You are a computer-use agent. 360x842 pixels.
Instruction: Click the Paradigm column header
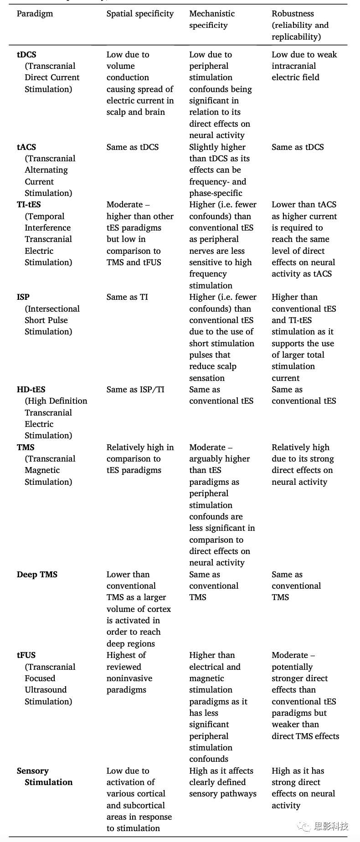coord(35,14)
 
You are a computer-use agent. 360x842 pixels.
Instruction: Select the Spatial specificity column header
coord(140,14)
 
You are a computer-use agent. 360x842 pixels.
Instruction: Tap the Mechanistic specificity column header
coord(212,19)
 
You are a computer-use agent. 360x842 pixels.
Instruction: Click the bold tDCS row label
coord(26,55)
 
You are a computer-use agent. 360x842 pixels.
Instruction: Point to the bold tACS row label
coord(26,147)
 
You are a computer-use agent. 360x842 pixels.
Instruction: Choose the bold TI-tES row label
coord(29,205)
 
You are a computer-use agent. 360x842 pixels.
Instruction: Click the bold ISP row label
coord(23,297)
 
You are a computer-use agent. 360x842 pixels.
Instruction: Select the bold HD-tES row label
coord(31,390)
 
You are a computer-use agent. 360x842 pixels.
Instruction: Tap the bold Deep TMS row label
coord(37,575)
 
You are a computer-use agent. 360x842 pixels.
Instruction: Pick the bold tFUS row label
coord(26,655)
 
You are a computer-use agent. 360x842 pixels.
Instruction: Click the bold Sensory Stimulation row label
coord(45,776)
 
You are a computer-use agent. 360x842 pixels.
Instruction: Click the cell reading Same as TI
coord(127,297)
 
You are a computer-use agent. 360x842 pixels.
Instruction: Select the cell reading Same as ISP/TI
coord(135,390)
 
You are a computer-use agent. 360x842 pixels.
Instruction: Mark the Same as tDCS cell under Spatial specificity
coord(133,147)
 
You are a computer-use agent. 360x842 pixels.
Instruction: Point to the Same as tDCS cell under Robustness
coord(298,147)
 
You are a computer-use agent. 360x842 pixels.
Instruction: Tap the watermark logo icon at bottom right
coord(303,826)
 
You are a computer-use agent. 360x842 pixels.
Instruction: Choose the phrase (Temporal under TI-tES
coord(45,216)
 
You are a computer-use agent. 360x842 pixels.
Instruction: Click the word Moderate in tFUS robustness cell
coord(290,655)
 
